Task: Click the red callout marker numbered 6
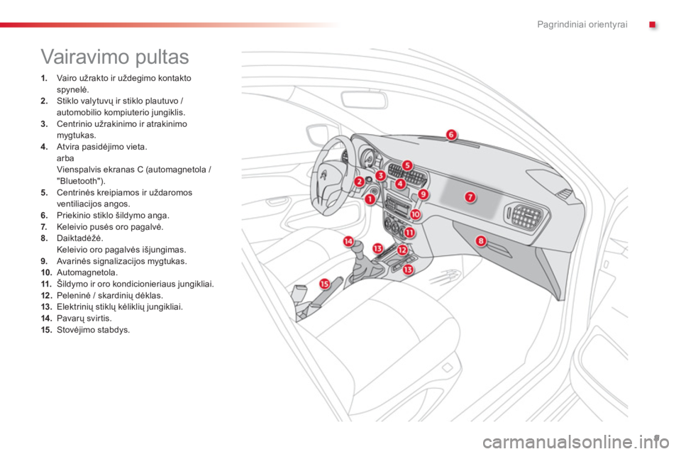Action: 451,135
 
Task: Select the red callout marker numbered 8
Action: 481,240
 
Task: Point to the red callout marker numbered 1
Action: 370,199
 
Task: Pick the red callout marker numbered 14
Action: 348,241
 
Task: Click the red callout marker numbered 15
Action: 324,284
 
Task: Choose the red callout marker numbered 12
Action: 402,250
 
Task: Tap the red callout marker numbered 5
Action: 407,165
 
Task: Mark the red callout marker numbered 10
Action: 415,214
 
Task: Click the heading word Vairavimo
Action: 84,57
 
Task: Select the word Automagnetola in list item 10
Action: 87,273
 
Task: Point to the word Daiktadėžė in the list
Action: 80,238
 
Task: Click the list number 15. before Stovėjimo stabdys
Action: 46,330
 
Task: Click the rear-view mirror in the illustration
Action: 363,100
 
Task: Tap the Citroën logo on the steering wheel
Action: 323,175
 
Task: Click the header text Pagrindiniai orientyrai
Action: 582,24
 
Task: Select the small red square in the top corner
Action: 652,25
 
